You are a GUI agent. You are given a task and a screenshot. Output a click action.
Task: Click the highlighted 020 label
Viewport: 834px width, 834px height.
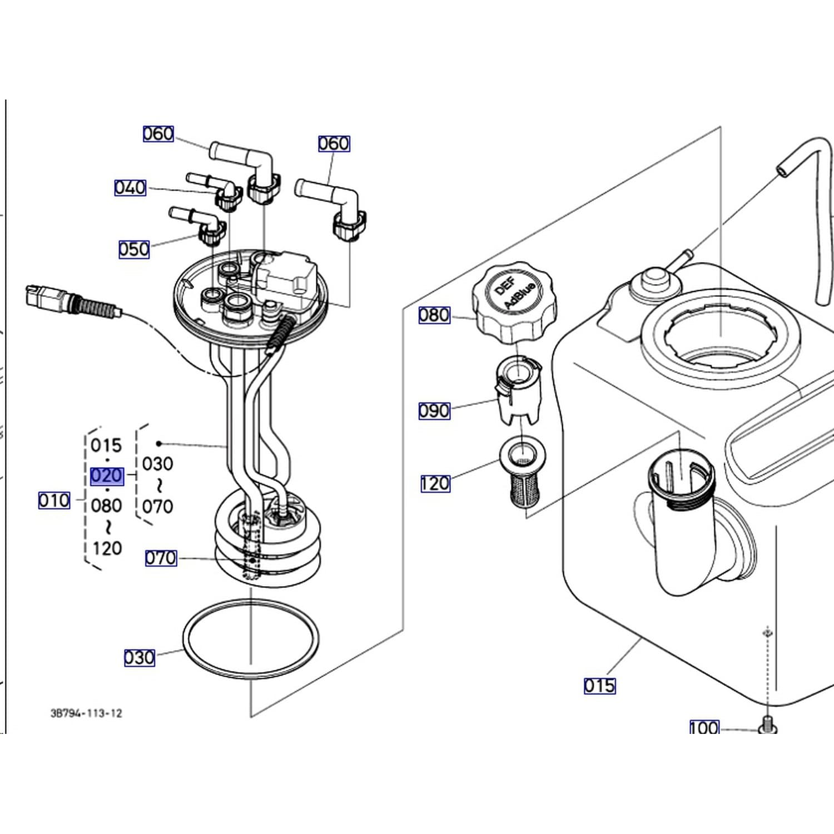(x=107, y=476)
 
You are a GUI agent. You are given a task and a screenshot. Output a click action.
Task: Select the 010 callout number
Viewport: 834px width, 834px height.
(x=54, y=500)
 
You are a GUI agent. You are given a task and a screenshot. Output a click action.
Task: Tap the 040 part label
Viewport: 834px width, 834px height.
(x=130, y=187)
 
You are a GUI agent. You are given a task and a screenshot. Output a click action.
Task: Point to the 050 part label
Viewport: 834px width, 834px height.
(x=134, y=249)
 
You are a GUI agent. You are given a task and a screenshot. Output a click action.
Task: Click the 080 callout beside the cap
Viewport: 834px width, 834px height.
(x=434, y=315)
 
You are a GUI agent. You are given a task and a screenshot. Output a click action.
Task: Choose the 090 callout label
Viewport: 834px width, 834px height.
(x=434, y=411)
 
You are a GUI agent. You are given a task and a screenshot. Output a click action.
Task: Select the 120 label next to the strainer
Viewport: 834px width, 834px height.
(x=435, y=483)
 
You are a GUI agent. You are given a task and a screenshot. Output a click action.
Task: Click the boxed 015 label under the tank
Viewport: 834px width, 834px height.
(x=600, y=686)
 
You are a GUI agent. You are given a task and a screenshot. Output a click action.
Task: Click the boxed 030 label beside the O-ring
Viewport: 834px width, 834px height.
(x=139, y=658)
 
